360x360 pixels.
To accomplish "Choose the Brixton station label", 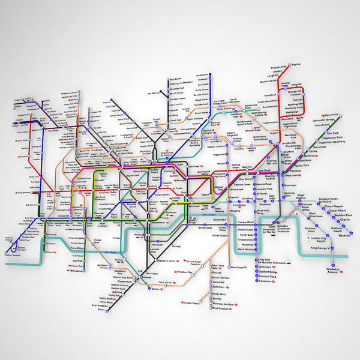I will [x=158, y=289].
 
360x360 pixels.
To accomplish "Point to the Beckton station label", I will [x=345, y=236].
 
